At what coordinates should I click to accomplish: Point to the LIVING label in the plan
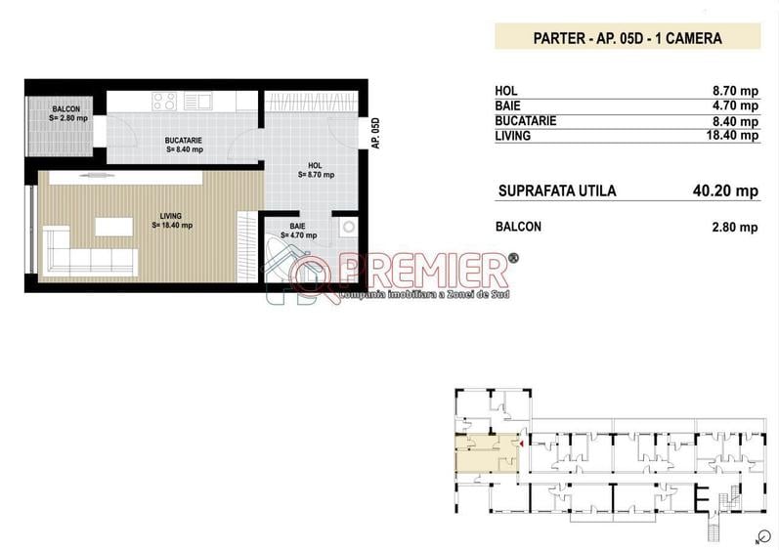click(172, 220)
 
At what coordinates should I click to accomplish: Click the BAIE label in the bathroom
click(297, 231)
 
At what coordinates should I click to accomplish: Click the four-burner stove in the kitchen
click(164, 101)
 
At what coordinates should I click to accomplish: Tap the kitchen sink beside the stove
click(199, 100)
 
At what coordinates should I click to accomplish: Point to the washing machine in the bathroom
click(347, 228)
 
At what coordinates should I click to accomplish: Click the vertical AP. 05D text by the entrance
click(374, 133)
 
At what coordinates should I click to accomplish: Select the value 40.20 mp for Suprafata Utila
click(725, 191)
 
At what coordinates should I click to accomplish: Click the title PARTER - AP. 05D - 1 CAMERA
click(627, 39)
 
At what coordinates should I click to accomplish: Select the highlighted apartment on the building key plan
click(486, 453)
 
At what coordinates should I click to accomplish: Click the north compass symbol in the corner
click(757, 536)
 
